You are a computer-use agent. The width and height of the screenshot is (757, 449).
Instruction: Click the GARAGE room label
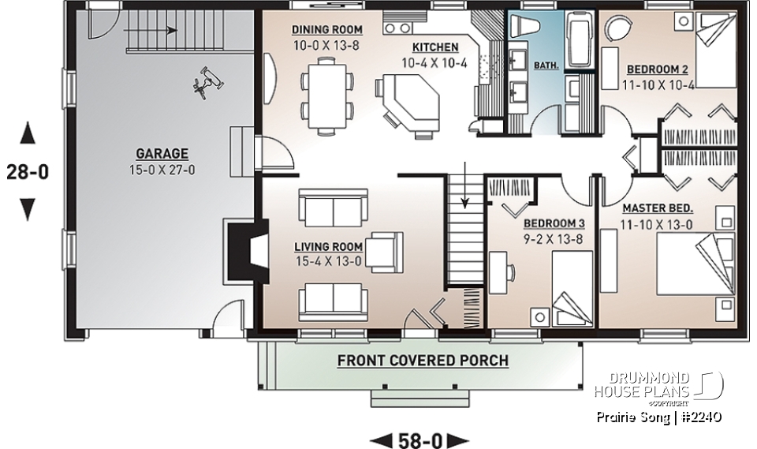click(x=161, y=153)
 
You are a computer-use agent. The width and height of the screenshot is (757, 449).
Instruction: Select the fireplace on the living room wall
click(x=240, y=250)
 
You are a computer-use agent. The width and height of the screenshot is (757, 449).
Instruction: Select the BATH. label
click(x=544, y=66)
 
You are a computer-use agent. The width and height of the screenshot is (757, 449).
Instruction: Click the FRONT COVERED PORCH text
click(x=423, y=361)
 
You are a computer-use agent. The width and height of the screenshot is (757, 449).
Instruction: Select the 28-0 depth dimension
click(x=28, y=170)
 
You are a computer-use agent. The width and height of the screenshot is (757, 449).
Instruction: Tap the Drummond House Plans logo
click(x=658, y=384)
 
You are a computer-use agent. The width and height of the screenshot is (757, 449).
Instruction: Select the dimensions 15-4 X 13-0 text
click(x=330, y=261)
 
